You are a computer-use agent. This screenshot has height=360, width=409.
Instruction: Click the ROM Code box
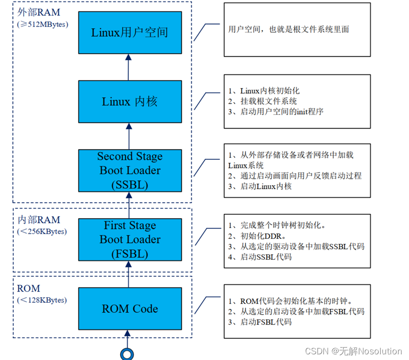click(x=130, y=308)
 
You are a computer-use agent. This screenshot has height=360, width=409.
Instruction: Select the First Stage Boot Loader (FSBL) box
click(x=130, y=239)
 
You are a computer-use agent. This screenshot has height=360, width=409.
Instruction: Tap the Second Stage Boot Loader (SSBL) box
click(x=130, y=170)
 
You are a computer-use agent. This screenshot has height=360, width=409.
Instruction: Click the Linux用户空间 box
click(x=130, y=33)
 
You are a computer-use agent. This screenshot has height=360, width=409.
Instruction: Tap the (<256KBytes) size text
click(x=42, y=231)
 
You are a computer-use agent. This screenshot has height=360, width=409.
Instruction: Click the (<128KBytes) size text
click(x=42, y=300)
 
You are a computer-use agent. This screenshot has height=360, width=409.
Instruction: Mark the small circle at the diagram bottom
click(x=127, y=353)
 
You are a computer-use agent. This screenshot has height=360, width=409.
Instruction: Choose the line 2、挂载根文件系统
click(x=262, y=101)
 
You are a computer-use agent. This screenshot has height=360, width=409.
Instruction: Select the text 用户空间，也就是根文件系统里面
click(x=288, y=29)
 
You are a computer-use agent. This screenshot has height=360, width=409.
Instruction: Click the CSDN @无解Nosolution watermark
click(x=353, y=351)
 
